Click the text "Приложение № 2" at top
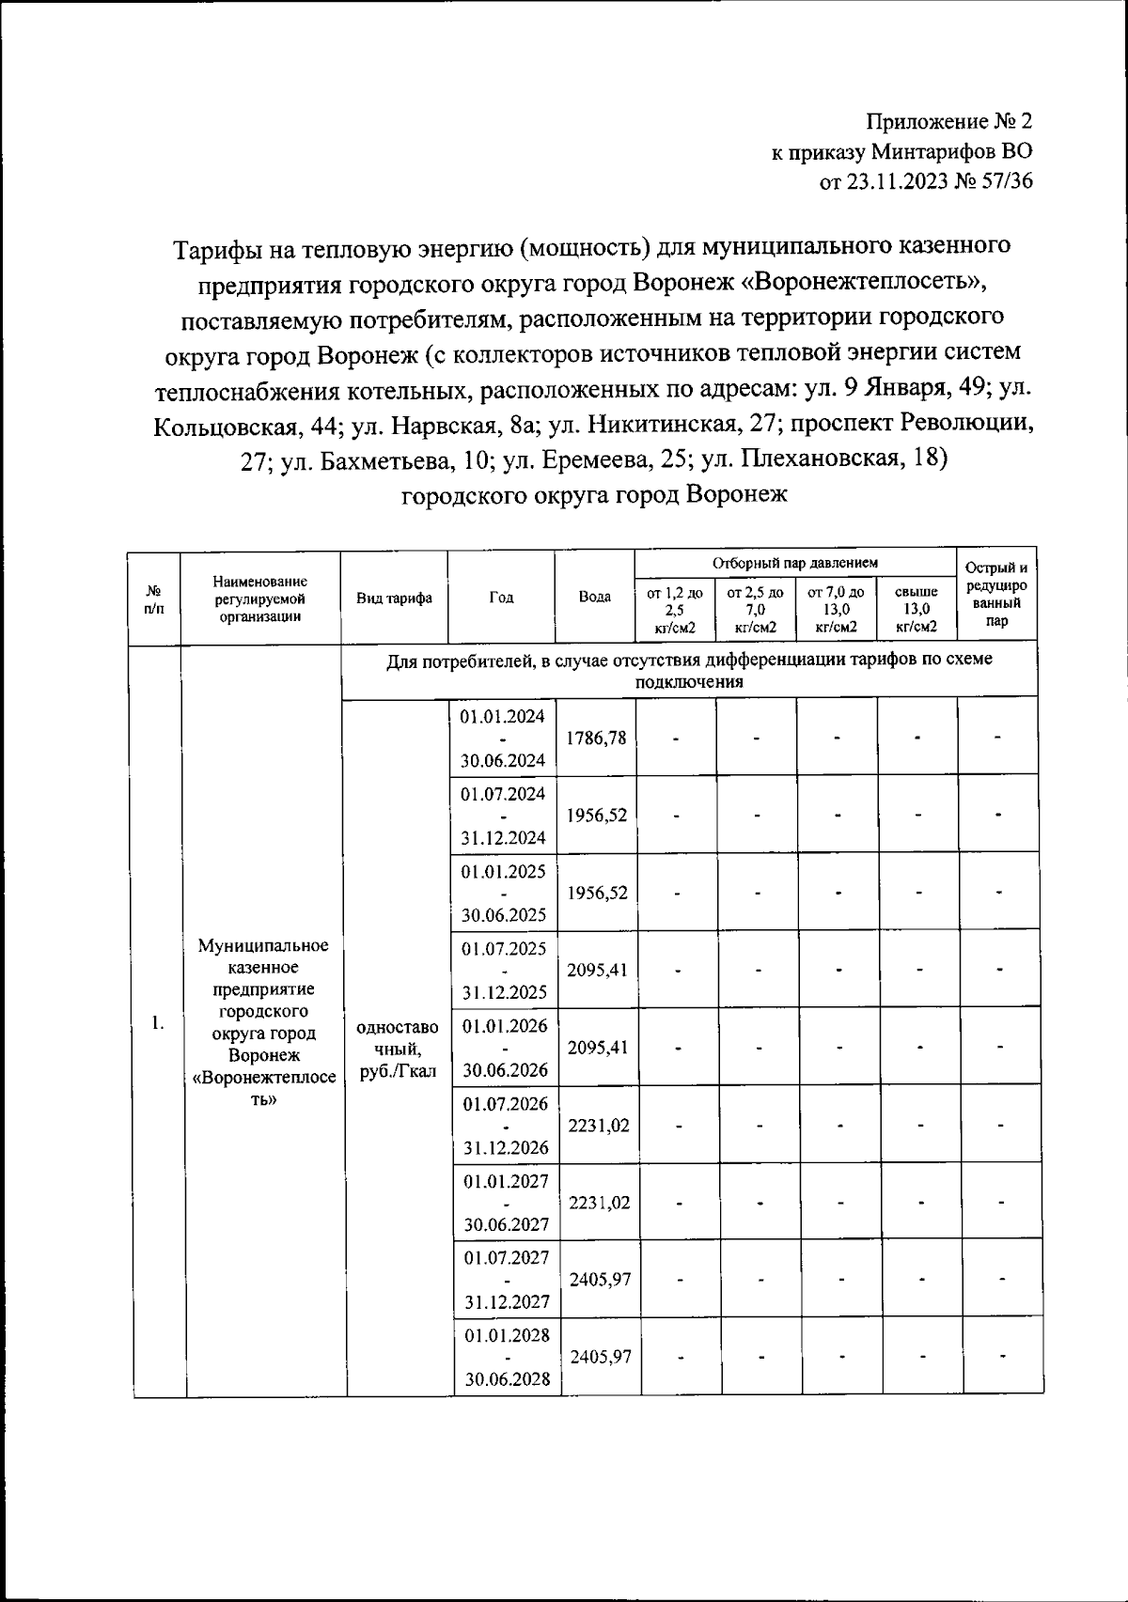click(x=949, y=121)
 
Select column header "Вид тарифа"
click(x=394, y=598)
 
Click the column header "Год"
click(x=501, y=598)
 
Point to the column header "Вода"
click(x=594, y=598)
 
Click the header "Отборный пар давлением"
click(x=795, y=563)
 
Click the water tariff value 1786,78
click(x=597, y=739)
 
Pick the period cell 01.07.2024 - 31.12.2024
click(x=504, y=816)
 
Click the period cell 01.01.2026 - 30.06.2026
click(x=505, y=1048)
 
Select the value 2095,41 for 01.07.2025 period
click(x=598, y=971)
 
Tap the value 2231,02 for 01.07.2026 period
click(x=599, y=1125)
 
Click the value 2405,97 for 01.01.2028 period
click(x=600, y=1358)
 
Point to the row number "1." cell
click(x=158, y=1023)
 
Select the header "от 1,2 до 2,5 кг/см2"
click(x=676, y=609)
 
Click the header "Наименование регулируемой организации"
click(x=259, y=599)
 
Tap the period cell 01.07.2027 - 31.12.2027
click(x=506, y=1280)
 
